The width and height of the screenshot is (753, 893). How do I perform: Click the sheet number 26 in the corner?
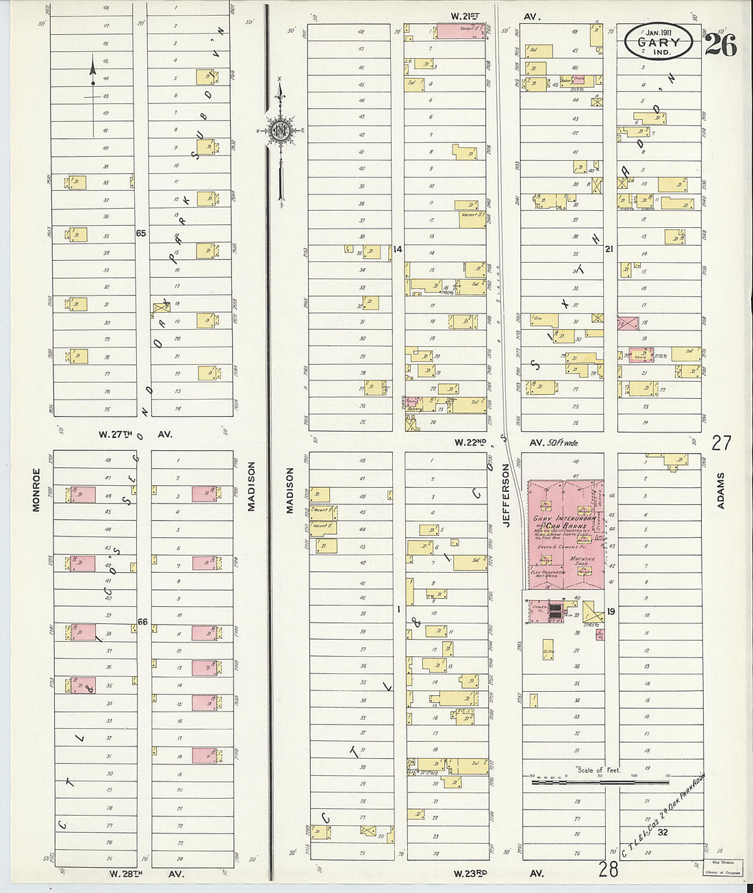pyautogui.click(x=720, y=45)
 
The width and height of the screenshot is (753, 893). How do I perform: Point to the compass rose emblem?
pyautogui.click(x=280, y=130)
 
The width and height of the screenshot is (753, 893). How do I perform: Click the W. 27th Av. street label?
pyautogui.click(x=136, y=434)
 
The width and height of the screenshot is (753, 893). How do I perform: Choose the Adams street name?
pyautogui.click(x=720, y=490)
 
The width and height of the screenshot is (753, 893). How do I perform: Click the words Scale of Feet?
pyautogui.click(x=599, y=770)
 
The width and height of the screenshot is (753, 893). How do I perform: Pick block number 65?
pyautogui.click(x=141, y=233)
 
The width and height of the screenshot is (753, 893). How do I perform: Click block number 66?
pyautogui.click(x=142, y=621)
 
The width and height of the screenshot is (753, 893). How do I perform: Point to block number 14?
pyautogui.click(x=398, y=249)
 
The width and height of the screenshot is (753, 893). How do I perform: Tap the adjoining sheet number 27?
pyautogui.click(x=721, y=443)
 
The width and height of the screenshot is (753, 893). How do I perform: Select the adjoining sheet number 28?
pyautogui.click(x=608, y=870)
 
